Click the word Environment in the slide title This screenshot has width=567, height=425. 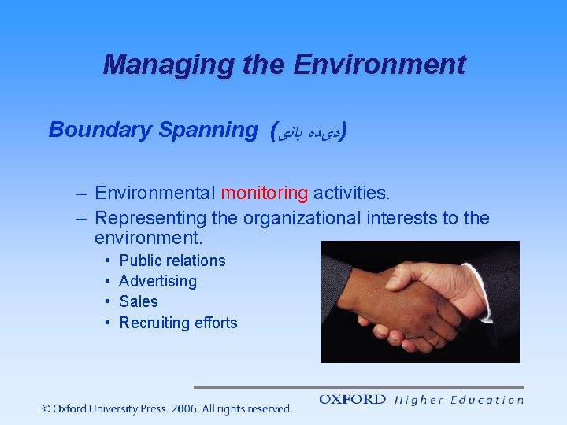point(379,65)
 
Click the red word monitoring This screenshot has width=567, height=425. point(265,193)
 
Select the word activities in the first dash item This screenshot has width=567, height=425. point(350,193)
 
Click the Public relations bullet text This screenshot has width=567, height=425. point(172,261)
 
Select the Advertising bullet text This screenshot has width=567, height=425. point(157,281)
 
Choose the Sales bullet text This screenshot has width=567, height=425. point(138,301)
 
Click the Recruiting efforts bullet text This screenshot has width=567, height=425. point(178,323)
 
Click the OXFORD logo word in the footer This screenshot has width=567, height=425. point(352,400)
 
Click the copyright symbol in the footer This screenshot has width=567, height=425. point(46,408)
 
